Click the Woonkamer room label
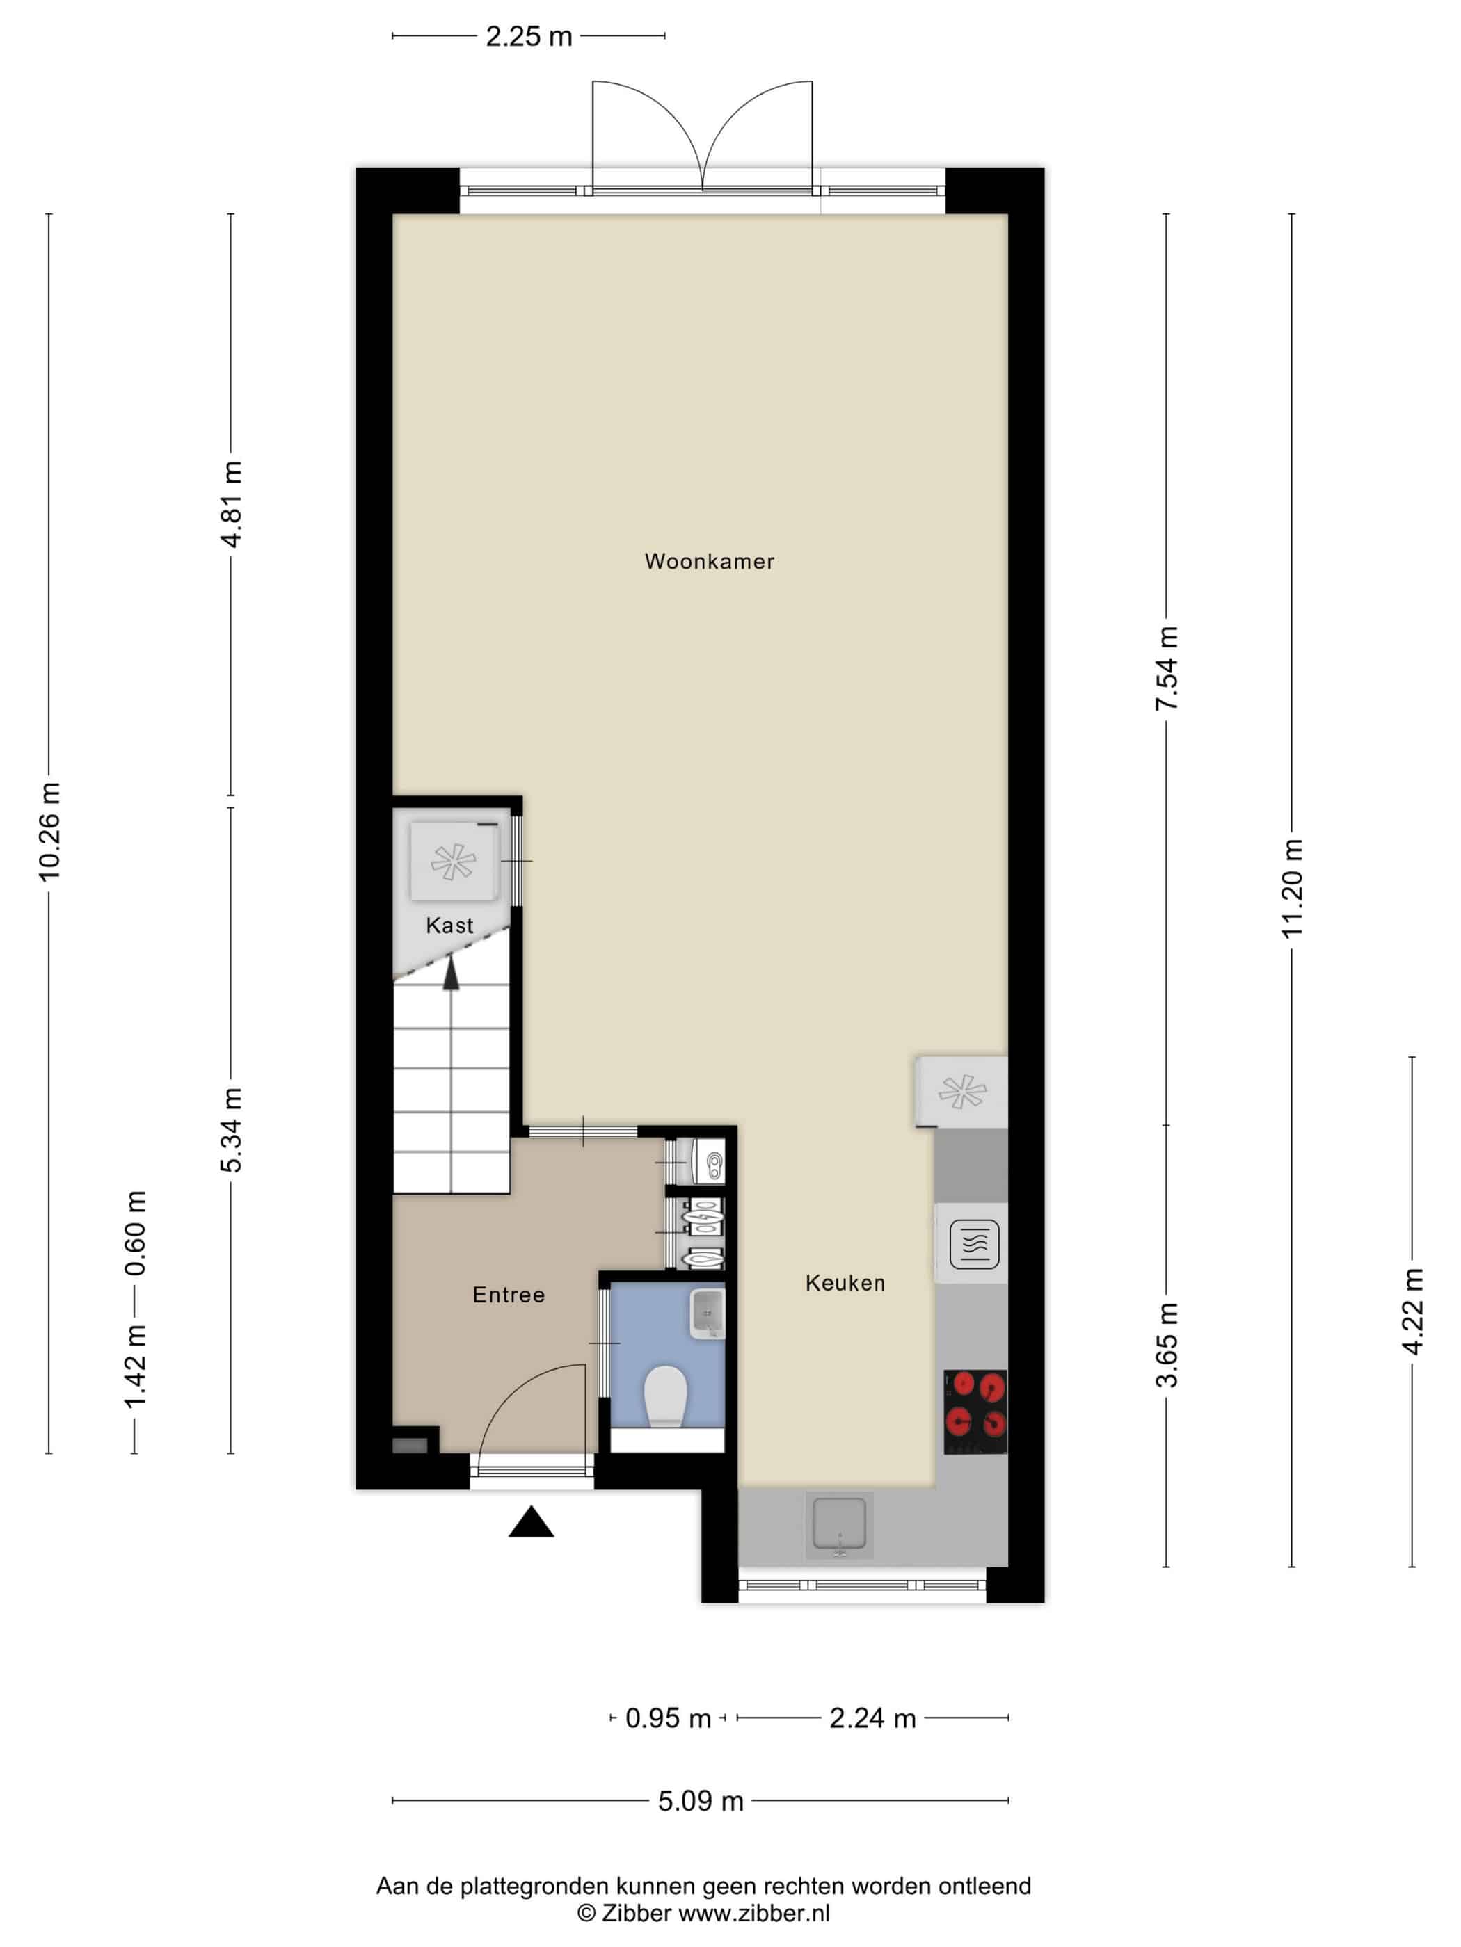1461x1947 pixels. point(709,562)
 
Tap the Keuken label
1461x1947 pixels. point(845,1282)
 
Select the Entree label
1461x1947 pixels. point(508,1294)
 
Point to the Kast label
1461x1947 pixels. point(449,925)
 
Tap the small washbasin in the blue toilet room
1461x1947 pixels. point(706,1314)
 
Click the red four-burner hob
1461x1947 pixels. point(975,1412)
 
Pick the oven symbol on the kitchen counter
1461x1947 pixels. point(974,1244)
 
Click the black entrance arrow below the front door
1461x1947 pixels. point(531,1523)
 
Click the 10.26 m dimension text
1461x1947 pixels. point(49,831)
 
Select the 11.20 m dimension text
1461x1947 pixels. point(1292,888)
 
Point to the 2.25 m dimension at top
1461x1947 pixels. point(528,36)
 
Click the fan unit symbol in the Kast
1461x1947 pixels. point(454,862)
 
